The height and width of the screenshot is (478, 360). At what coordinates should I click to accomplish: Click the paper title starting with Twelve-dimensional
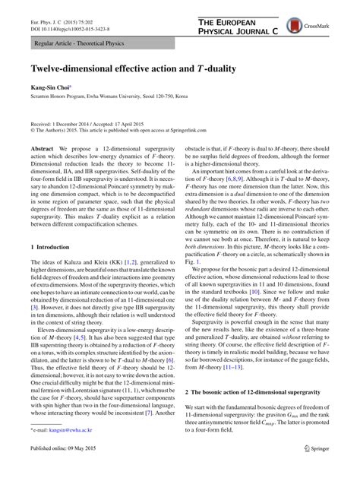pos(132,68)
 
